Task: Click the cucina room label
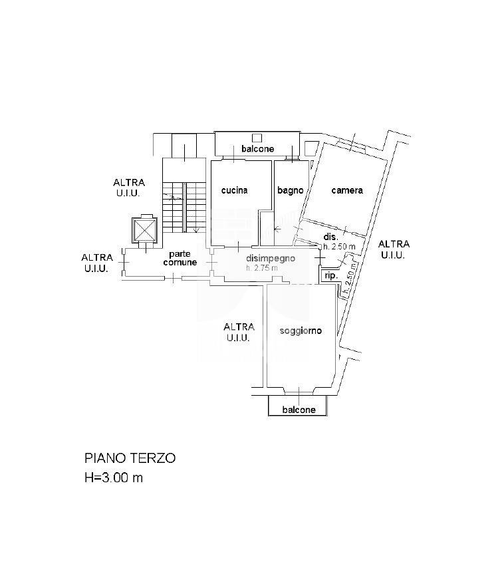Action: (x=234, y=190)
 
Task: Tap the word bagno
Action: (x=291, y=190)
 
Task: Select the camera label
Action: (x=347, y=190)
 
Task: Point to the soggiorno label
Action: (x=301, y=331)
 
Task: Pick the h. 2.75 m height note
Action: (x=261, y=268)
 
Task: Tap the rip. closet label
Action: (x=330, y=275)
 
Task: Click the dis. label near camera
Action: (x=331, y=237)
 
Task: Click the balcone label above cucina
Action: (x=257, y=149)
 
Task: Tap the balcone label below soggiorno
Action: (x=299, y=410)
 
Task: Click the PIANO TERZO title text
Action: (x=130, y=458)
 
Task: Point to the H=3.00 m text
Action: (x=113, y=478)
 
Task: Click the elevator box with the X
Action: (x=144, y=230)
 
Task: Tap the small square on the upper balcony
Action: (x=257, y=137)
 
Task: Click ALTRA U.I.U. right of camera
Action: (x=394, y=249)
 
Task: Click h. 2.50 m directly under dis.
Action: (x=339, y=247)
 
